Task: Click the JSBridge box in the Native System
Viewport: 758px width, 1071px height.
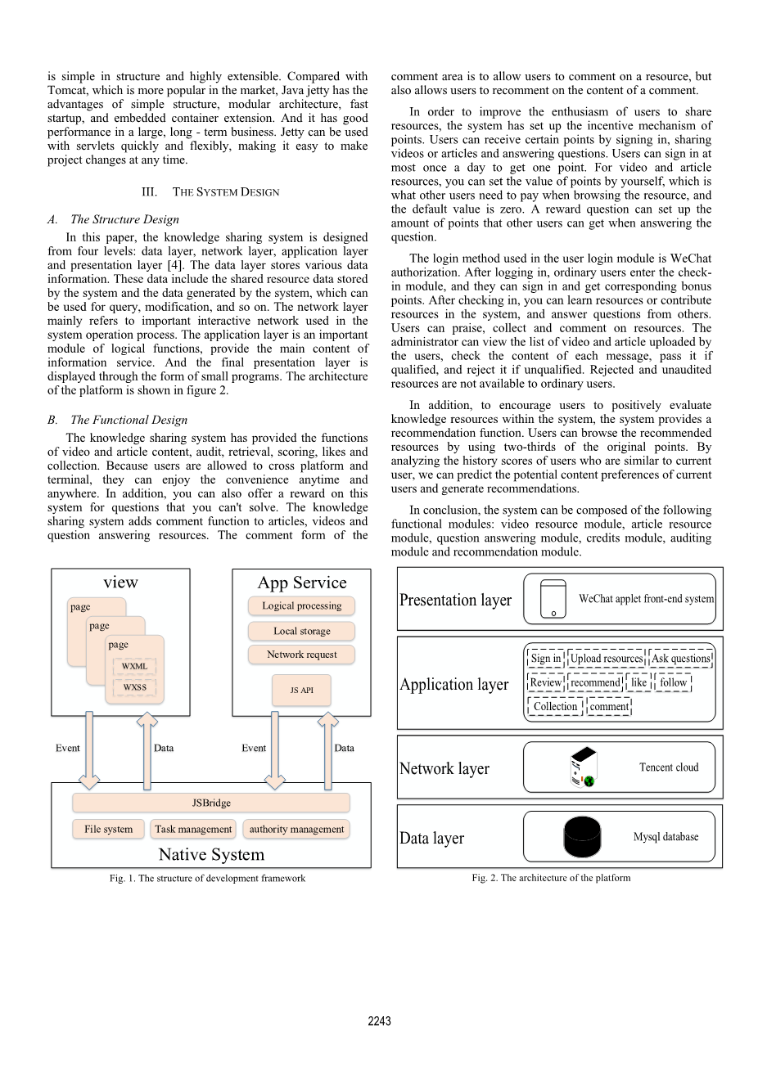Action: click(x=211, y=803)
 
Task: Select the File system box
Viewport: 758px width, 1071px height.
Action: click(x=108, y=829)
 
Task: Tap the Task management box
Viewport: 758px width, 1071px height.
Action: click(x=193, y=829)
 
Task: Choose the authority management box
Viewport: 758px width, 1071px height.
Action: click(x=296, y=829)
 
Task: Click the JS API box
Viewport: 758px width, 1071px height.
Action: click(x=301, y=690)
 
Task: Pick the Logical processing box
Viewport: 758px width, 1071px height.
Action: click(x=301, y=605)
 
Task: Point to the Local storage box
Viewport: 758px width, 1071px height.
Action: click(x=301, y=631)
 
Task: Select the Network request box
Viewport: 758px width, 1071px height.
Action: click(x=301, y=655)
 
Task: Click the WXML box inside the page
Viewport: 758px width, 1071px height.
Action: click(x=134, y=666)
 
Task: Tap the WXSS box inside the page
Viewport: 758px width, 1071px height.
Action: click(x=134, y=687)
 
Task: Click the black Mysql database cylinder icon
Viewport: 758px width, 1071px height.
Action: click(x=582, y=836)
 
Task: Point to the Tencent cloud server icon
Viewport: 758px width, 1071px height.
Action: click(x=584, y=767)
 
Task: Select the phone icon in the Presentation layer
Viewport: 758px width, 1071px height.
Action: click(x=553, y=599)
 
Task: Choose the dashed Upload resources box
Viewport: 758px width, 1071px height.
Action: click(x=607, y=658)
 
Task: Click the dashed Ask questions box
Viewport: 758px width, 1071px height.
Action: click(x=680, y=658)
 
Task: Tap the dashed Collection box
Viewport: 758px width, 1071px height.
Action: click(x=555, y=706)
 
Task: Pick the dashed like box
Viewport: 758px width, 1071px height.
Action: click(x=638, y=682)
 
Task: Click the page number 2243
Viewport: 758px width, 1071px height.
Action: click(x=379, y=1021)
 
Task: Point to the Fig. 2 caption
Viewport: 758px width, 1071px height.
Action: click(x=551, y=878)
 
